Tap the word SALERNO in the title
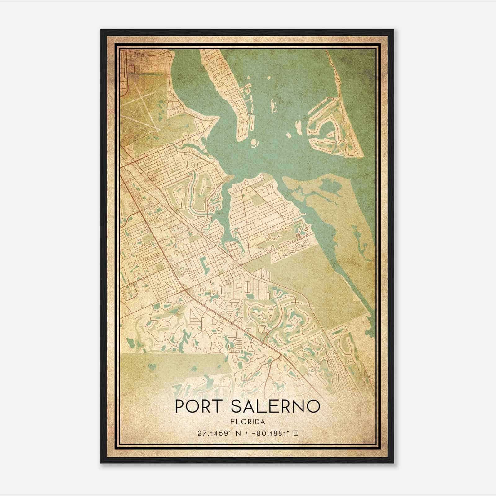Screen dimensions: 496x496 [275, 406]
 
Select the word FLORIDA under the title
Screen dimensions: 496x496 [247, 422]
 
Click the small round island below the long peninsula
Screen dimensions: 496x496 [255, 143]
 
